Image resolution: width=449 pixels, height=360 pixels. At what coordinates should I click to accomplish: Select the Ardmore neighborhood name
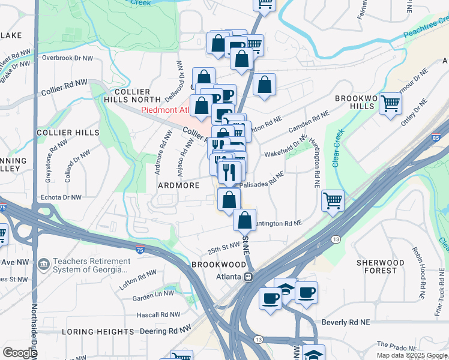tap(178, 185)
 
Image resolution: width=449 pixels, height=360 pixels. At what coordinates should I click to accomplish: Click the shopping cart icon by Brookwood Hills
tap(390, 104)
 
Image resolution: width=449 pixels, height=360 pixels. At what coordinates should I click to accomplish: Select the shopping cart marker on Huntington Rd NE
tap(333, 201)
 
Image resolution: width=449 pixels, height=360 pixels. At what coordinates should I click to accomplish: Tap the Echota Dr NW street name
tap(60, 197)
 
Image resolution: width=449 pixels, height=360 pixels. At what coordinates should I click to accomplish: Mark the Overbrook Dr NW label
tap(67, 58)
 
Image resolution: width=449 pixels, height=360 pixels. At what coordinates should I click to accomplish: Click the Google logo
tap(20, 353)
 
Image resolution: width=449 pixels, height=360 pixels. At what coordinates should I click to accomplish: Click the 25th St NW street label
tap(224, 247)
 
